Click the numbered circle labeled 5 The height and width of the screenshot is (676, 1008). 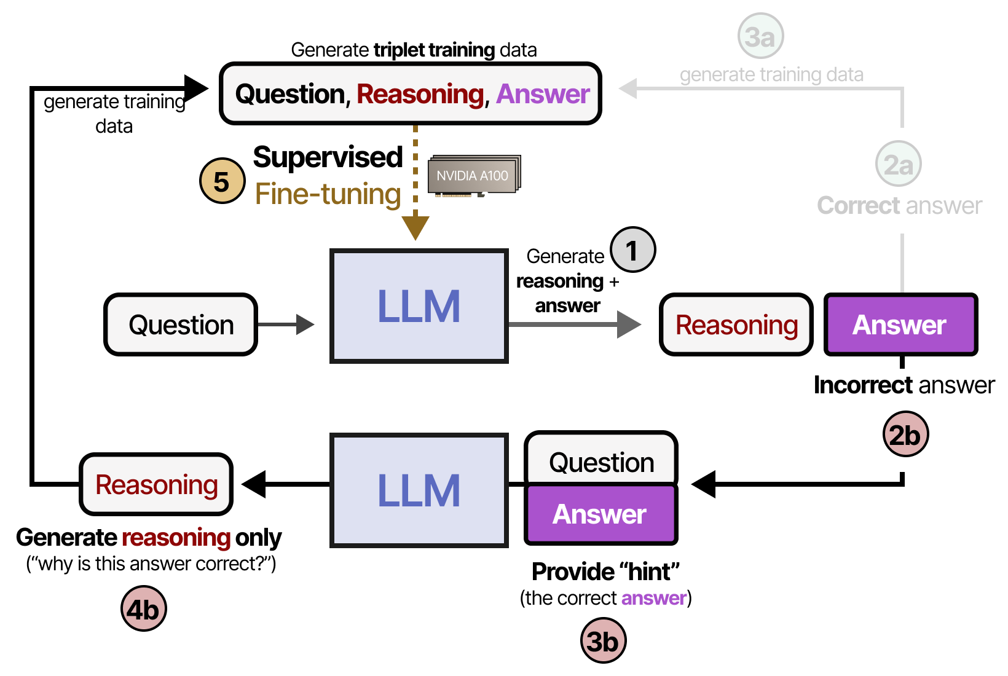coord(222,181)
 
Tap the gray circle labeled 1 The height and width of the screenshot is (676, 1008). coord(632,250)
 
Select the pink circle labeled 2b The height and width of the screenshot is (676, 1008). coord(905,434)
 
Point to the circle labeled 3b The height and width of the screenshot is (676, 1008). coord(603,641)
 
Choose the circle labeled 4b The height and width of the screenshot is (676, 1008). coord(143,609)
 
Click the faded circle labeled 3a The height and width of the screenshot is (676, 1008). coord(760,36)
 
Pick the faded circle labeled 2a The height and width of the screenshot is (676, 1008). coord(898,164)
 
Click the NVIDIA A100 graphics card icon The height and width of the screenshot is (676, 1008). coord(474,176)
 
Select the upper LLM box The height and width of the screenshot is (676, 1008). coord(419,306)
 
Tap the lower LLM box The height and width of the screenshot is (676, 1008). coord(419,490)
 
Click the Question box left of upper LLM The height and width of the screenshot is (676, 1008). coord(181,324)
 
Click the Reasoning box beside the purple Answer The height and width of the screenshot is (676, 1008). coord(736,324)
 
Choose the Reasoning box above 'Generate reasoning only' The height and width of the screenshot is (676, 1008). coord(156,484)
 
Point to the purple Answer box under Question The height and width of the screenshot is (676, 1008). coord(600,514)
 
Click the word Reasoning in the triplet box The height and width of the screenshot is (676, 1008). coord(420,94)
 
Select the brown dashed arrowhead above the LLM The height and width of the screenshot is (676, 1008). coord(415,226)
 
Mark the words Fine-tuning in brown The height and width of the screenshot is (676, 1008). coord(328,194)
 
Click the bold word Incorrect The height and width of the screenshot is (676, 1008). coord(862,385)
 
